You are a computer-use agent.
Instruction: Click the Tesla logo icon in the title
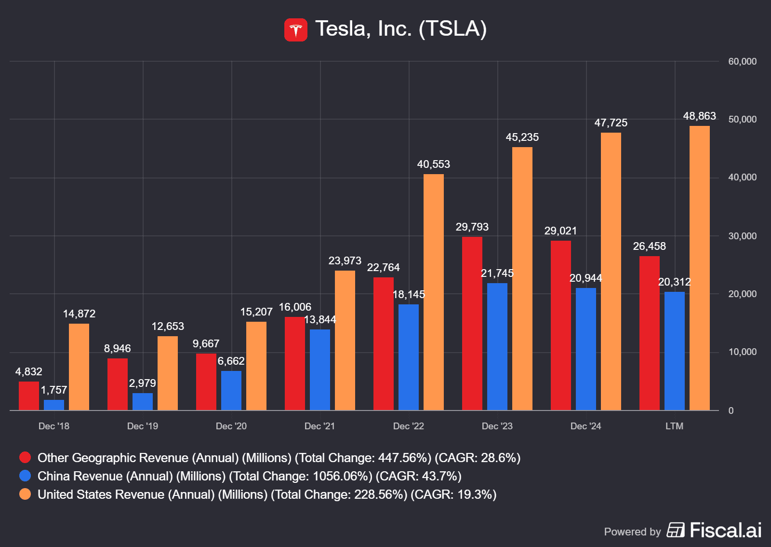click(295, 30)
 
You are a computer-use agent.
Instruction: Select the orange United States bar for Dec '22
click(434, 292)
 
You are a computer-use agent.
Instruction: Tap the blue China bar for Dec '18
click(54, 405)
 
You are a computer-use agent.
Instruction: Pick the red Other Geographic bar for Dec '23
click(472, 323)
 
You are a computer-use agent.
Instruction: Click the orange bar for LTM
click(700, 268)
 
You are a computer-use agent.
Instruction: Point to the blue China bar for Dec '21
click(320, 370)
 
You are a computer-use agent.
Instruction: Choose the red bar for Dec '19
click(118, 384)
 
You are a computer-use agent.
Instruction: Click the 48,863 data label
click(699, 116)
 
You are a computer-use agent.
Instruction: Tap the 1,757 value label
click(54, 390)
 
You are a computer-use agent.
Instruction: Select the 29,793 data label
click(472, 227)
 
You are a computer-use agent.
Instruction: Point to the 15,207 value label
click(256, 312)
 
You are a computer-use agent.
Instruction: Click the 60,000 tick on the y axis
click(742, 62)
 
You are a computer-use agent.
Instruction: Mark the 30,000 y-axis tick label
click(742, 236)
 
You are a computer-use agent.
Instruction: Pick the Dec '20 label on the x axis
click(231, 426)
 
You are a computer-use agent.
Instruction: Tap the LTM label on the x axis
click(674, 426)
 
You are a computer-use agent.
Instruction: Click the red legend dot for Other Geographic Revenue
click(25, 458)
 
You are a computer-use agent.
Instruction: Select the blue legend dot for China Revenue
click(25, 476)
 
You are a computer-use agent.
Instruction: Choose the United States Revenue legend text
click(267, 495)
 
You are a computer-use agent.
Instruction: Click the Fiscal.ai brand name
click(725, 531)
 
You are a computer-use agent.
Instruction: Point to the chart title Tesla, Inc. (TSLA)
click(401, 29)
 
